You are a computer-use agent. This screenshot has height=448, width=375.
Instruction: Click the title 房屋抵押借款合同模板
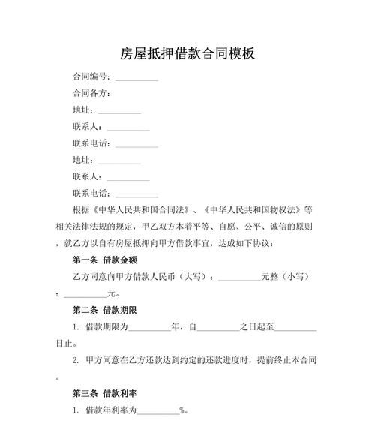tap(187, 53)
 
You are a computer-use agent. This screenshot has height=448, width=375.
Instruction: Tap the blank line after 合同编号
tap(136, 78)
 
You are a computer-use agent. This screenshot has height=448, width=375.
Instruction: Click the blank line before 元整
tap(238, 278)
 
